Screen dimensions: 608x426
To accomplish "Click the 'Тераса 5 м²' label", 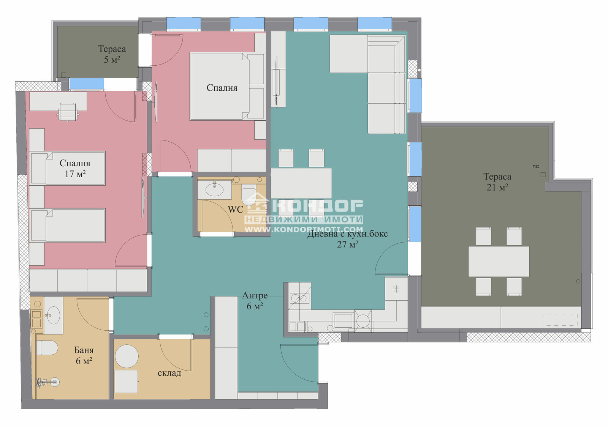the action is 112,54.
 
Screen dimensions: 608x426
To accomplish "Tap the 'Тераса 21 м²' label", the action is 497,182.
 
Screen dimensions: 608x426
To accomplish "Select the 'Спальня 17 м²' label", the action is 75,169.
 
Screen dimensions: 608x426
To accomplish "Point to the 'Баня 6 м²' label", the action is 84,355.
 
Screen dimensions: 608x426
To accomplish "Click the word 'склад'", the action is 169,373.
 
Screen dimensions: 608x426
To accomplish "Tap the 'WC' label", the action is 235,209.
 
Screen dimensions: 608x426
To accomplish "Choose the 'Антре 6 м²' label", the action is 255,301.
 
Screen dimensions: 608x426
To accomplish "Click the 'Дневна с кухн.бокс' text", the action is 347,234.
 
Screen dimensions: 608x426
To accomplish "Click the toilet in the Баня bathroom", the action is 47,348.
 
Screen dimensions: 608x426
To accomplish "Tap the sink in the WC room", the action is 214,189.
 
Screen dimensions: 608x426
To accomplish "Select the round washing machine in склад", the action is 127,356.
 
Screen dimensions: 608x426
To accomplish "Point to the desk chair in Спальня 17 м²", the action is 68,112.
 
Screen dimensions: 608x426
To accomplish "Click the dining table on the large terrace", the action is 499,261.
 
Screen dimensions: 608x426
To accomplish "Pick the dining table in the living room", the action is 301,183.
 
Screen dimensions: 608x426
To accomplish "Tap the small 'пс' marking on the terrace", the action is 535,167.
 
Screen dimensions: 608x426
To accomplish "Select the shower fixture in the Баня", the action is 48,382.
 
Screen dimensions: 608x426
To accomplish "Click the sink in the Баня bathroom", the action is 53,316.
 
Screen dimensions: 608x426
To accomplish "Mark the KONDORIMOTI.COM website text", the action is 304,229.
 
